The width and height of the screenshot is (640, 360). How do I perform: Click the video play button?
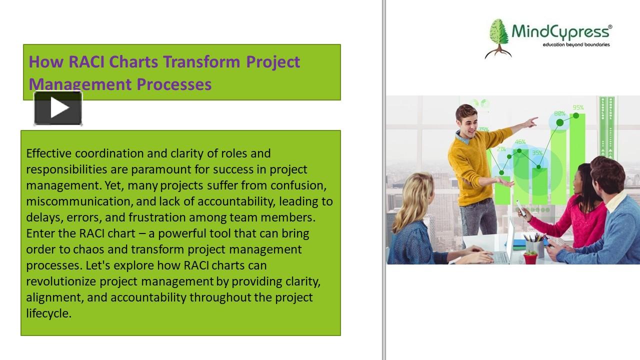click(58, 108)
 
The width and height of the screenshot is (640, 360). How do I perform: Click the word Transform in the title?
click(201, 61)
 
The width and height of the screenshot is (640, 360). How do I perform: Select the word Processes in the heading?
click(174, 84)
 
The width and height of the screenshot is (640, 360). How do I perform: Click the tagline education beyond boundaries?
click(576, 44)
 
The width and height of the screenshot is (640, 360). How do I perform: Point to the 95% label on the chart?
click(578, 107)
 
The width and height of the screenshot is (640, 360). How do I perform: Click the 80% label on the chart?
click(559, 113)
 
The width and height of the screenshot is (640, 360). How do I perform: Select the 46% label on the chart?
click(520, 141)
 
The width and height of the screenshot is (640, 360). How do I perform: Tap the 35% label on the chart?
click(537, 153)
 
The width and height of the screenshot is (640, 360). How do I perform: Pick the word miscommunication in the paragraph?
click(79, 201)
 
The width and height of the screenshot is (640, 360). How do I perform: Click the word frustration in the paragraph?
click(157, 217)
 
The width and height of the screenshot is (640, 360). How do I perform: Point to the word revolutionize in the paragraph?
click(61, 281)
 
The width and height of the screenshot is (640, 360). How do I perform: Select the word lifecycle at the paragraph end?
click(48, 313)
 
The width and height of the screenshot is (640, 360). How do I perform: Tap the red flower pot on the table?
click(530, 257)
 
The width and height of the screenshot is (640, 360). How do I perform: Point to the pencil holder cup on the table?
click(535, 247)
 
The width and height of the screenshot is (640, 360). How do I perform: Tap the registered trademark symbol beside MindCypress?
click(610, 27)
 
